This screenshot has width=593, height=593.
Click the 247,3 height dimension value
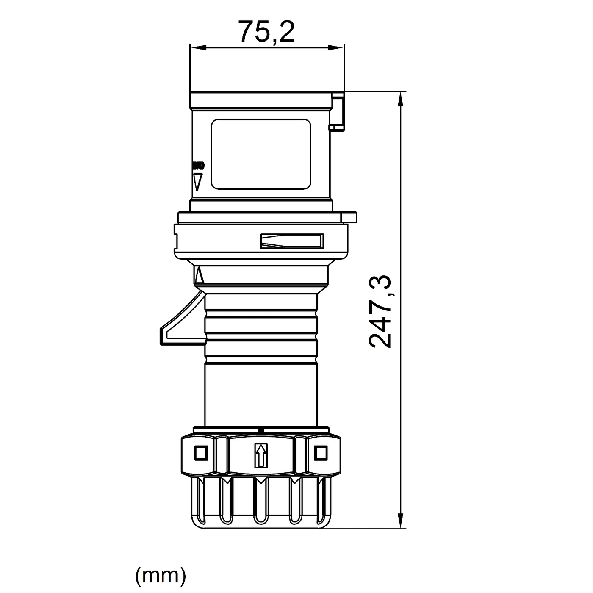coord(380,311)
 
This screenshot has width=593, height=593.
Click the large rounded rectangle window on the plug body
coord(260,154)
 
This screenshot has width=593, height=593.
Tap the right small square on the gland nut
coord(321,453)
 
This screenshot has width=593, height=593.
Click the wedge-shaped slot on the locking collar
coord(291,241)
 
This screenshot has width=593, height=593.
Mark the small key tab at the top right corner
coord(338,112)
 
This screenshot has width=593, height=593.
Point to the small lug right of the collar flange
coord(350,217)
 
